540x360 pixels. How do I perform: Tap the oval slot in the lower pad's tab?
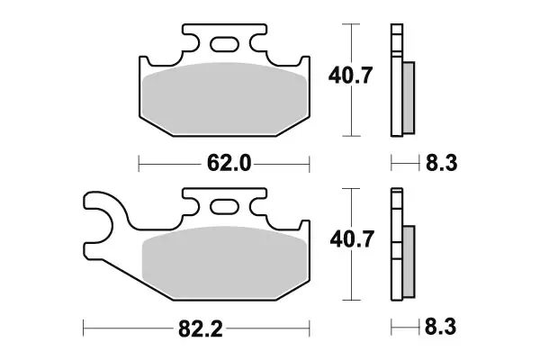(x=225, y=205)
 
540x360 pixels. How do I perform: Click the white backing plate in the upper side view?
(x=395, y=81)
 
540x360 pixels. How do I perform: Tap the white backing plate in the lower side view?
(x=395, y=246)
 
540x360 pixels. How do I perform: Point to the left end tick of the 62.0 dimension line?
(x=139, y=164)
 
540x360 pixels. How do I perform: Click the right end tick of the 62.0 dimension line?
(x=309, y=164)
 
